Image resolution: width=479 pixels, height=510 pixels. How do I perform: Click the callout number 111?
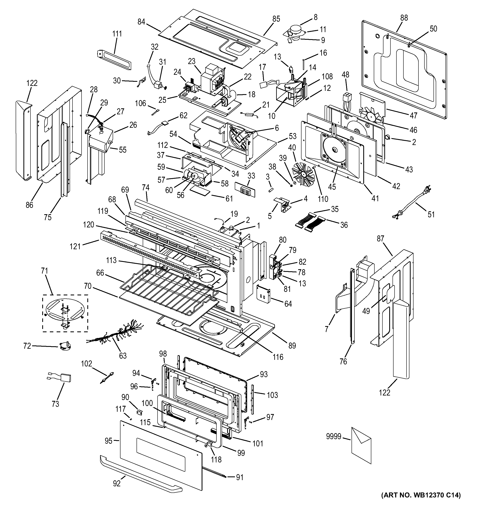tap(117, 34)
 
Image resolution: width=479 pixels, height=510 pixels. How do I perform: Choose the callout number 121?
tap(75, 246)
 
